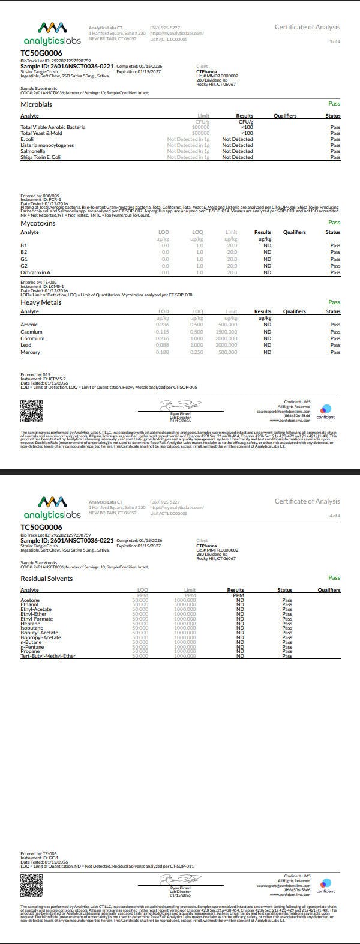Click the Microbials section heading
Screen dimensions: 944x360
click(37, 104)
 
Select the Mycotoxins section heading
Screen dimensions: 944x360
click(38, 223)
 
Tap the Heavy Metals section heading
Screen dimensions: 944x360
click(41, 302)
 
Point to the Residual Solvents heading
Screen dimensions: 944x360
click(47, 579)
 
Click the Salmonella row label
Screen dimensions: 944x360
click(32, 151)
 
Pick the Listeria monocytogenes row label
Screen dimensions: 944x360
click(47, 145)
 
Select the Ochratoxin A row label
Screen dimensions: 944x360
click(35, 272)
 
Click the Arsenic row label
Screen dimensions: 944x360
click(29, 325)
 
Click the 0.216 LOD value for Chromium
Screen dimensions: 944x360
click(162, 338)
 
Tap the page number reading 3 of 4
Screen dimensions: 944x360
click(334, 41)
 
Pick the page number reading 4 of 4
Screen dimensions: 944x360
click(334, 516)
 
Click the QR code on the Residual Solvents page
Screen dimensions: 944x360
click(32, 883)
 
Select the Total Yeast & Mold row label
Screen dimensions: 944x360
click(41, 133)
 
